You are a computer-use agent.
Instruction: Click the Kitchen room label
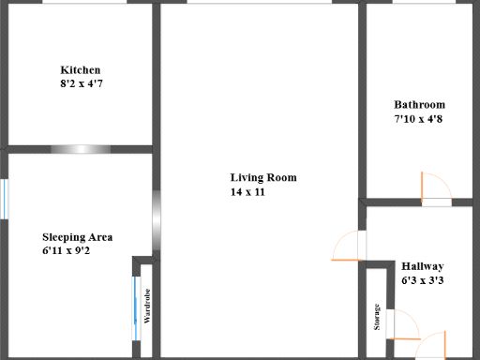point(80,70)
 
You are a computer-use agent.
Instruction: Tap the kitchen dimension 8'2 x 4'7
point(80,83)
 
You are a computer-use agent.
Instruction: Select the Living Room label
point(263,177)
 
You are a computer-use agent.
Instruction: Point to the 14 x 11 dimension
point(248,191)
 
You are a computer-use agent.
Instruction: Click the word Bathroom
point(419,105)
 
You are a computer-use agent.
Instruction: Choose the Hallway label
point(422,266)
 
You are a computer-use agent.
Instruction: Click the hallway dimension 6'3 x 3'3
point(422,279)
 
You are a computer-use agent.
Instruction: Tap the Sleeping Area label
point(83,237)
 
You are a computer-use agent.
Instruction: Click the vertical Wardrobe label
point(147,307)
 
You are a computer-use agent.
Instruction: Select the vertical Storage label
point(377,317)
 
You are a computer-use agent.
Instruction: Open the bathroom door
point(435,188)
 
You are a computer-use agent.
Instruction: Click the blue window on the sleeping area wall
point(5,198)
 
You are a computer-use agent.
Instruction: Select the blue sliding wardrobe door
point(137,308)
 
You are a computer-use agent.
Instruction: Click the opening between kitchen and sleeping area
point(81,149)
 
